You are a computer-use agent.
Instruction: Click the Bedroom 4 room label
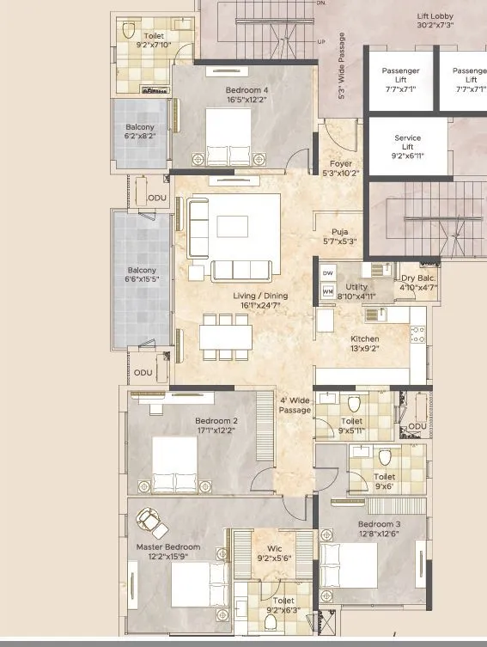(x=246, y=95)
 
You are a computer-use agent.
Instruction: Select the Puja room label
(x=339, y=236)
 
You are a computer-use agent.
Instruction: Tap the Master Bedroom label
(x=167, y=552)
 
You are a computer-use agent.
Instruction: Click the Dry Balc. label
(x=418, y=284)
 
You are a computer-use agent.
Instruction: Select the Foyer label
(x=341, y=168)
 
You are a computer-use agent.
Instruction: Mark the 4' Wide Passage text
(x=294, y=405)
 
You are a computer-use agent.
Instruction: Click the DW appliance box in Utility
(x=327, y=273)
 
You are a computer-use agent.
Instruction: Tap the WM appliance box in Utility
(x=327, y=291)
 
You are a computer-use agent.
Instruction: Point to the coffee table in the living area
(x=233, y=225)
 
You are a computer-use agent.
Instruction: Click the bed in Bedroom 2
(x=175, y=467)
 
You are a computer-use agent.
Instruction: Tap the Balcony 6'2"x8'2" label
(x=140, y=131)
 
